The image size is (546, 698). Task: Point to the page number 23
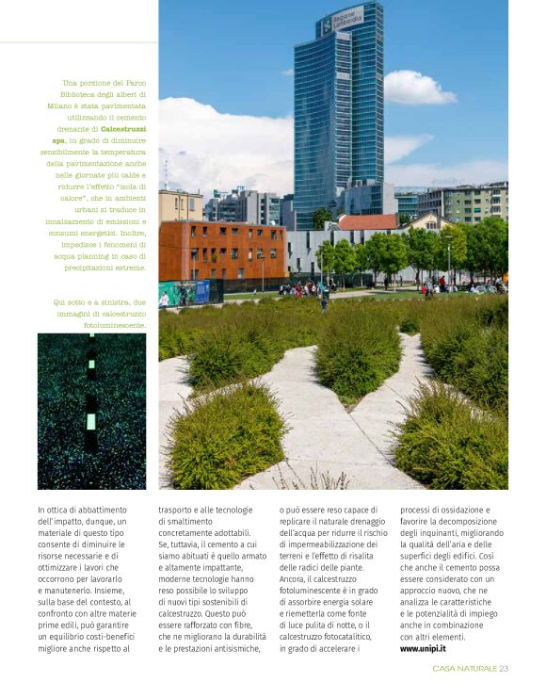pyautogui.click(x=504, y=669)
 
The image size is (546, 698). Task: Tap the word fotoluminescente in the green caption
pyautogui.click(x=115, y=325)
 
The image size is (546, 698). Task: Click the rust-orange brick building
pyautogui.click(x=222, y=250)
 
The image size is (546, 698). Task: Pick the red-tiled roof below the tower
pyautogui.click(x=367, y=222)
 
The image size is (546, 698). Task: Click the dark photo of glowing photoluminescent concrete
pyautogui.click(x=91, y=410)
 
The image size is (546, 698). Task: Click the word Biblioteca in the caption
pyautogui.click(x=66, y=95)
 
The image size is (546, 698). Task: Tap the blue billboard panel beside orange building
pyautogui.click(x=179, y=291)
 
